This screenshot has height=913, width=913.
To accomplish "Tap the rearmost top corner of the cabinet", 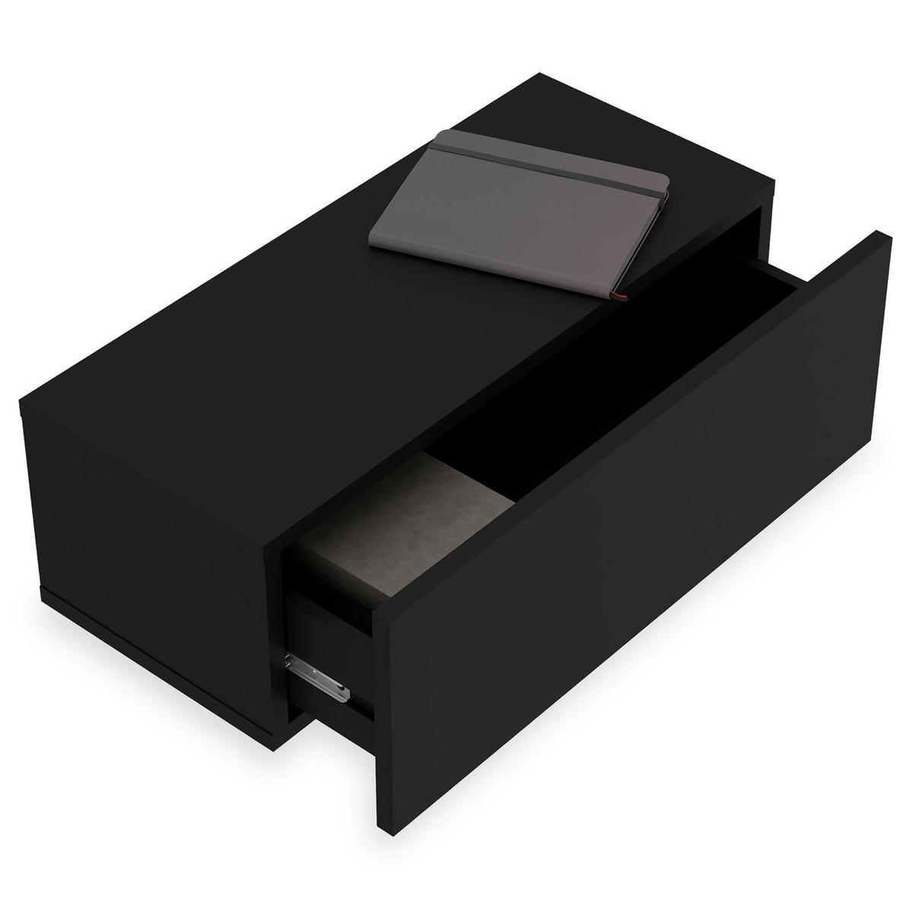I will (540, 74).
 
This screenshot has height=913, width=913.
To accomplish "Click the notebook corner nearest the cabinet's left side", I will (371, 241).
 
